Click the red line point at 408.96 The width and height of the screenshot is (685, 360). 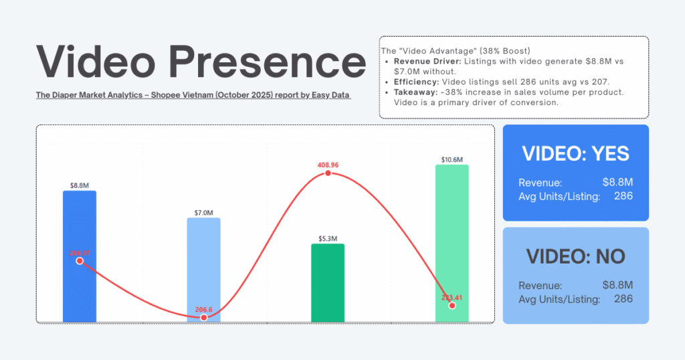coord(328,173)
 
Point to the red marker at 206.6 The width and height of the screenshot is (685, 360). coord(204,317)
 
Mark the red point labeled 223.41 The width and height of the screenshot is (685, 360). coord(452,305)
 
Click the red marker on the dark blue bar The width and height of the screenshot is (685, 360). coord(80,261)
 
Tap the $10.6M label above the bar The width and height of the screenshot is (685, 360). coord(452,159)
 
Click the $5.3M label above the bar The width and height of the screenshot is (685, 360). coord(328,238)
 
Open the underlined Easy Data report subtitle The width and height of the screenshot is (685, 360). coord(194,96)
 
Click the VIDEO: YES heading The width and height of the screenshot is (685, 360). coord(575,153)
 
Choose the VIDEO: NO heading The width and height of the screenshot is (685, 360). coord(575,256)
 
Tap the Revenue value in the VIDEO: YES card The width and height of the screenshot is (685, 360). coord(617,182)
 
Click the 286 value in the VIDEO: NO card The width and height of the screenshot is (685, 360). coord(623,298)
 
